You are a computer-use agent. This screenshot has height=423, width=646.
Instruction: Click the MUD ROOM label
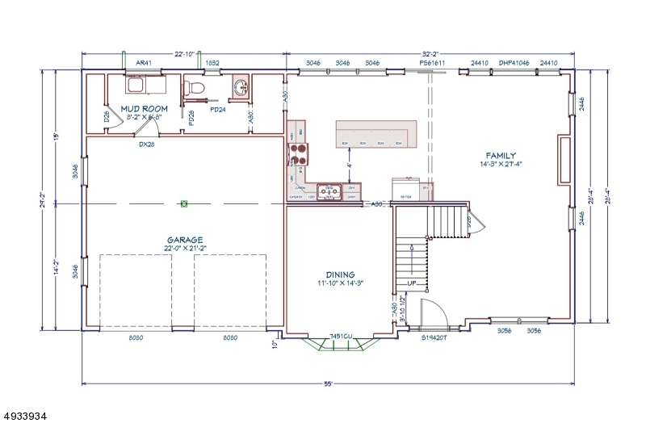(143, 108)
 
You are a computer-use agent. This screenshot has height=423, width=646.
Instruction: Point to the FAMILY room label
(500, 156)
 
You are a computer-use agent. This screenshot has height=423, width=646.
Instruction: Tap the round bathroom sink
(240, 86)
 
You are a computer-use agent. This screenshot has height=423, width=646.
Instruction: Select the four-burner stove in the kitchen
(298, 153)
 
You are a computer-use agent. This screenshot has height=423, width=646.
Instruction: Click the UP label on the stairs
(409, 283)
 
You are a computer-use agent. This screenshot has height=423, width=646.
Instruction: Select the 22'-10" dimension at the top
(184, 53)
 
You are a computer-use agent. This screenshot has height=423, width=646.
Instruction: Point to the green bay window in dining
(339, 345)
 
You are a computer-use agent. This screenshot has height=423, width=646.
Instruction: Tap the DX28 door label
(145, 145)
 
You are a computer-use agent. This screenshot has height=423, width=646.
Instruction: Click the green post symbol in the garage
(184, 203)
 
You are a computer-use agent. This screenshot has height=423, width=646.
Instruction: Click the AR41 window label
(143, 62)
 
